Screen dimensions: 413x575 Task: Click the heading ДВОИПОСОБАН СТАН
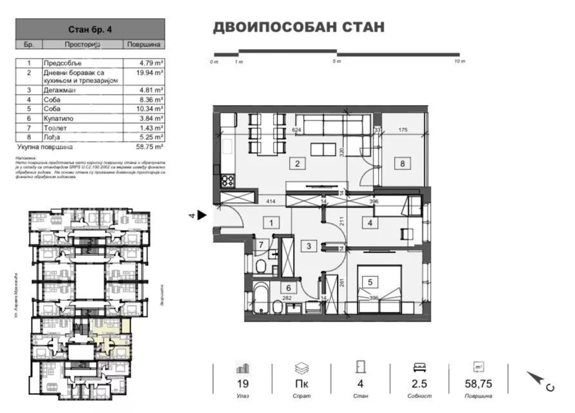(x=298, y=27)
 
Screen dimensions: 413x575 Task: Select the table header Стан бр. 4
(x=90, y=30)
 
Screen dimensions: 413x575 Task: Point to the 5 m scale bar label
(x=336, y=62)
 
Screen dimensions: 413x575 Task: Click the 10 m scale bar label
(x=458, y=62)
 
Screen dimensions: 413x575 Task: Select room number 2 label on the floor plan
(x=297, y=164)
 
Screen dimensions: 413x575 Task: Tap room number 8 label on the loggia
(x=402, y=164)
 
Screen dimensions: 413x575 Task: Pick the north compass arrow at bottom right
(x=536, y=379)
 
